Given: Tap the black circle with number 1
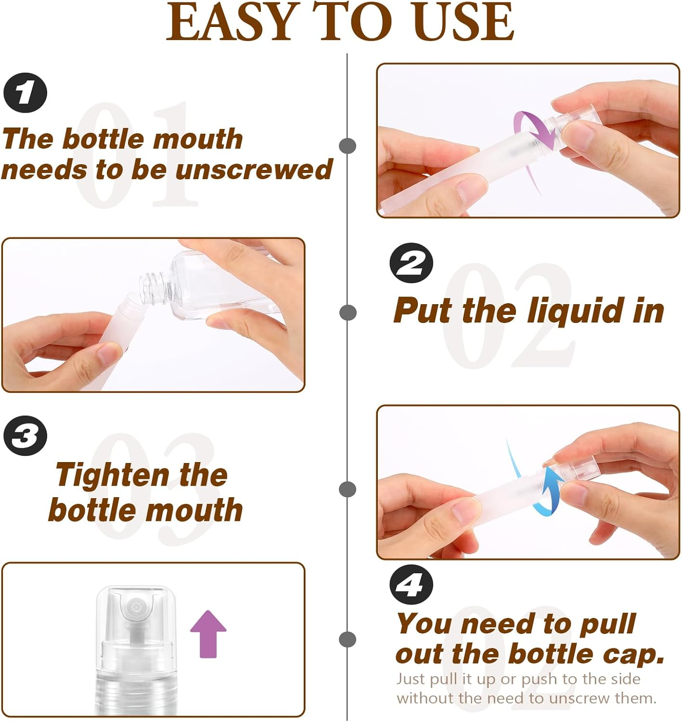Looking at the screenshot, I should [25, 92].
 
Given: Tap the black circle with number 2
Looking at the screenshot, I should [411, 263].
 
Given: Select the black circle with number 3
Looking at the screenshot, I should [25, 436].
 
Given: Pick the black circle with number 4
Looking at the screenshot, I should [411, 585].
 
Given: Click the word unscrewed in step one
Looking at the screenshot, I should [254, 169].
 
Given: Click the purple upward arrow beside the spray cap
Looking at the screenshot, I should [208, 633].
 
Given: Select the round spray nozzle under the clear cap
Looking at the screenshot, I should [136, 607].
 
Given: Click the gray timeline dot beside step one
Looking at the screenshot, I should [347, 146].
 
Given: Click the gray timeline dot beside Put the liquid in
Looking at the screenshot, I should [347, 312].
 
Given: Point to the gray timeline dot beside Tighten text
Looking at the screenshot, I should [347, 489].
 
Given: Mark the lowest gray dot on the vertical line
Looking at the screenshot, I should [347, 639].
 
